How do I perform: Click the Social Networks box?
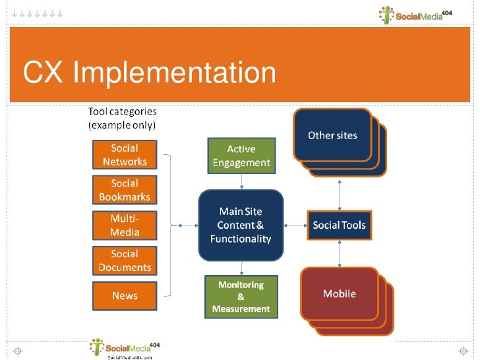pyautogui.click(x=125, y=155)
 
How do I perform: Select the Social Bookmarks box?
pyautogui.click(x=125, y=190)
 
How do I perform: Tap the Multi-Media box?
pyautogui.click(x=125, y=225)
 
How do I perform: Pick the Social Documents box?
pyautogui.click(x=125, y=260)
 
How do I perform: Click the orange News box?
pyautogui.click(x=125, y=296)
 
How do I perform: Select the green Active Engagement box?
pyautogui.click(x=241, y=156)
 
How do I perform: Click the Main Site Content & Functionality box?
pyautogui.click(x=241, y=225)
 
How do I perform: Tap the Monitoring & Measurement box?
pyautogui.click(x=241, y=296)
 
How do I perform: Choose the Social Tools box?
pyautogui.click(x=339, y=225)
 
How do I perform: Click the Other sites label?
pyautogui.click(x=332, y=136)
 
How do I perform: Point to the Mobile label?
pyautogui.click(x=339, y=293)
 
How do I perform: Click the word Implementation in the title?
pyautogui.click(x=174, y=73)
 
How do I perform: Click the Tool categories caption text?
pyautogui.click(x=122, y=118)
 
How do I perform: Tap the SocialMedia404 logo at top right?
pyautogui.click(x=415, y=15)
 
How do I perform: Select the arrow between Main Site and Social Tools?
pyautogui.click(x=295, y=225)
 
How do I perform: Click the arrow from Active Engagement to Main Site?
pyautogui.click(x=241, y=181)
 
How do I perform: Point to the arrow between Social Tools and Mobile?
pyautogui.click(x=339, y=253)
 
